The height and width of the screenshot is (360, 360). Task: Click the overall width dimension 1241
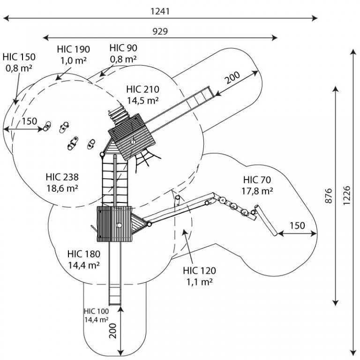[160, 11]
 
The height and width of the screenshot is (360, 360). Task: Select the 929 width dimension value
[160, 31]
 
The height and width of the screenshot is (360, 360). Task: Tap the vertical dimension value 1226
[346, 195]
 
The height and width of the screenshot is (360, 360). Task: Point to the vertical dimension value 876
[329, 195]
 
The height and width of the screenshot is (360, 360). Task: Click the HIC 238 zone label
[62, 177]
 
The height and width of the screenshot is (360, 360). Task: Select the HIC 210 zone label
[142, 90]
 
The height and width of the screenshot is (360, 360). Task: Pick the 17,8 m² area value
[257, 191]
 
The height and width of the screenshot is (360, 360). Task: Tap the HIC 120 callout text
[199, 270]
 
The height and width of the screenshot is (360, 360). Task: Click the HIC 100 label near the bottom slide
[97, 311]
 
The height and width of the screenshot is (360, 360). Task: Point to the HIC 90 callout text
[123, 48]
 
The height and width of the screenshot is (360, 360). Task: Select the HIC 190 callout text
[74, 49]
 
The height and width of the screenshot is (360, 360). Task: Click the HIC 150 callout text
[19, 57]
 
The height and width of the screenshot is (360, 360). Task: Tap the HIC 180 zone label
[84, 254]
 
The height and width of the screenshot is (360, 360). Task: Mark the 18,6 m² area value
[62, 188]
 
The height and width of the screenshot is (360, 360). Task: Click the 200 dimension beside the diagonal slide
[232, 77]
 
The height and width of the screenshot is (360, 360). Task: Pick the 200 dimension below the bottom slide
[113, 331]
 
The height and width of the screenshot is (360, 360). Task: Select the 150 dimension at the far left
[30, 121]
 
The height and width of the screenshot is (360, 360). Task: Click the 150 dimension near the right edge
[297, 225]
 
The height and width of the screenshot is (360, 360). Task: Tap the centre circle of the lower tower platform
[119, 225]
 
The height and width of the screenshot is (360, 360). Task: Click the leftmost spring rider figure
[47, 126]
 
